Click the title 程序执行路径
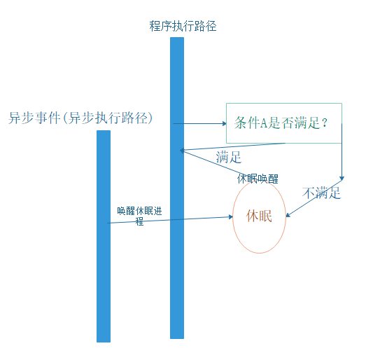183,27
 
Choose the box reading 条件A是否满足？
284,123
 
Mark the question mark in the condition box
325,123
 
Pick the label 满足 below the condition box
229,157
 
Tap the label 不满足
321,193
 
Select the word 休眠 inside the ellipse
259,216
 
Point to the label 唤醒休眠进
139,210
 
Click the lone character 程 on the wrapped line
139,221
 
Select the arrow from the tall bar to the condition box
199,124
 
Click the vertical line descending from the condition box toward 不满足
342,151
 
